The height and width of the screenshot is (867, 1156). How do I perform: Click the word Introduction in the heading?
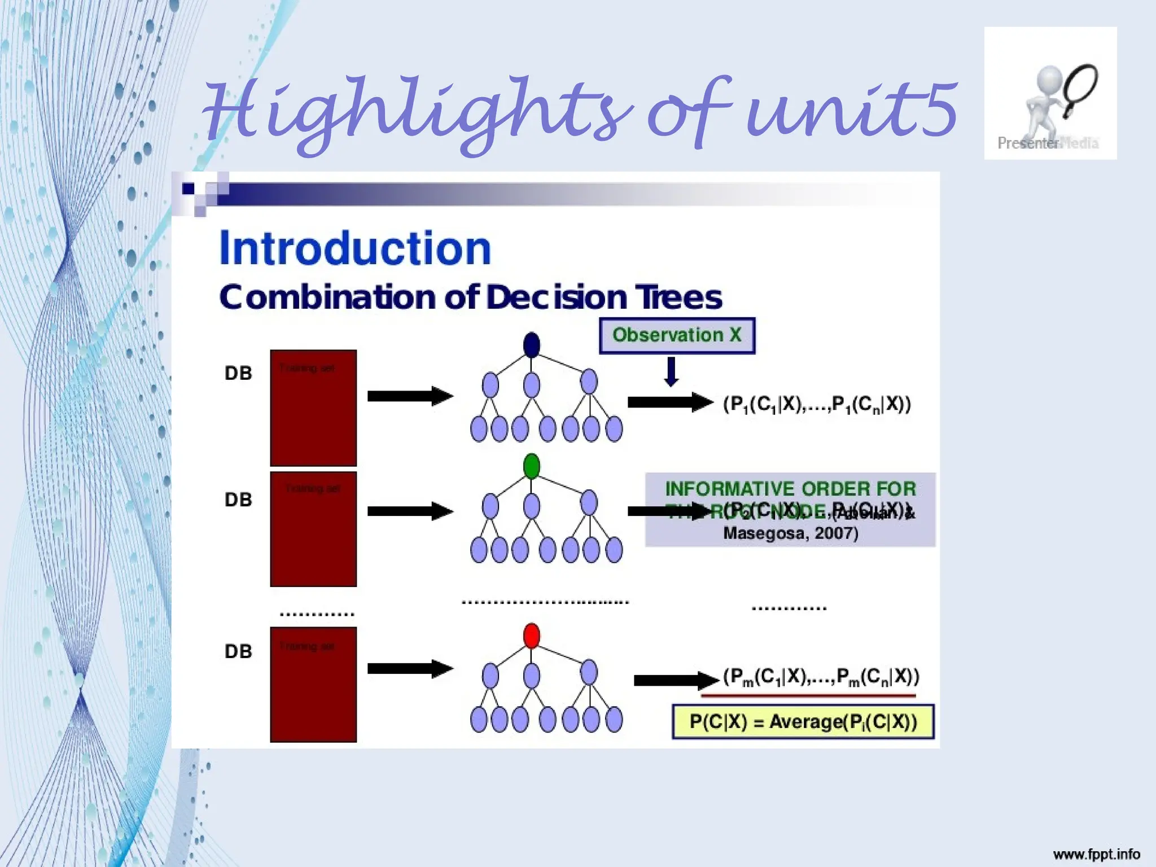(x=355, y=248)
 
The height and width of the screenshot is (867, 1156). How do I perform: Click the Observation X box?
(x=677, y=335)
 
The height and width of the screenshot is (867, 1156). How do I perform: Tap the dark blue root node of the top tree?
(x=532, y=344)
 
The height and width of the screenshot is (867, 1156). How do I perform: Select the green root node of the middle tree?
(x=532, y=466)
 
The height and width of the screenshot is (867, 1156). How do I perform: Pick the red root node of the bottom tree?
(x=532, y=636)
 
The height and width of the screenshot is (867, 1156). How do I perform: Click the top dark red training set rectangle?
(x=313, y=408)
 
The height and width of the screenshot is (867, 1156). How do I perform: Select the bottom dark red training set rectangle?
(x=313, y=684)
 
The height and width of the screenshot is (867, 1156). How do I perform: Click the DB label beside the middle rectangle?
(x=238, y=500)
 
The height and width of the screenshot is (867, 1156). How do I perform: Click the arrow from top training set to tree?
(x=410, y=396)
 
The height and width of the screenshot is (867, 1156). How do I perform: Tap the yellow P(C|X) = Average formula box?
(x=803, y=722)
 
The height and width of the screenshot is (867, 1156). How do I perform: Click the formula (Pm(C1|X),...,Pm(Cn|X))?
(x=821, y=677)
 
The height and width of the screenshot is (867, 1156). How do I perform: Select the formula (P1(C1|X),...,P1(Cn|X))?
(x=817, y=404)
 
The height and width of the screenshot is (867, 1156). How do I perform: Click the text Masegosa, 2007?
(x=790, y=533)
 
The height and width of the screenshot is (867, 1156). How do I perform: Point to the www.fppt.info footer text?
(x=1096, y=854)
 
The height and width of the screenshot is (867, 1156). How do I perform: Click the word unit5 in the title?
(x=852, y=110)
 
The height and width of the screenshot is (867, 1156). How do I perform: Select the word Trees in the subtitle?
(x=678, y=297)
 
